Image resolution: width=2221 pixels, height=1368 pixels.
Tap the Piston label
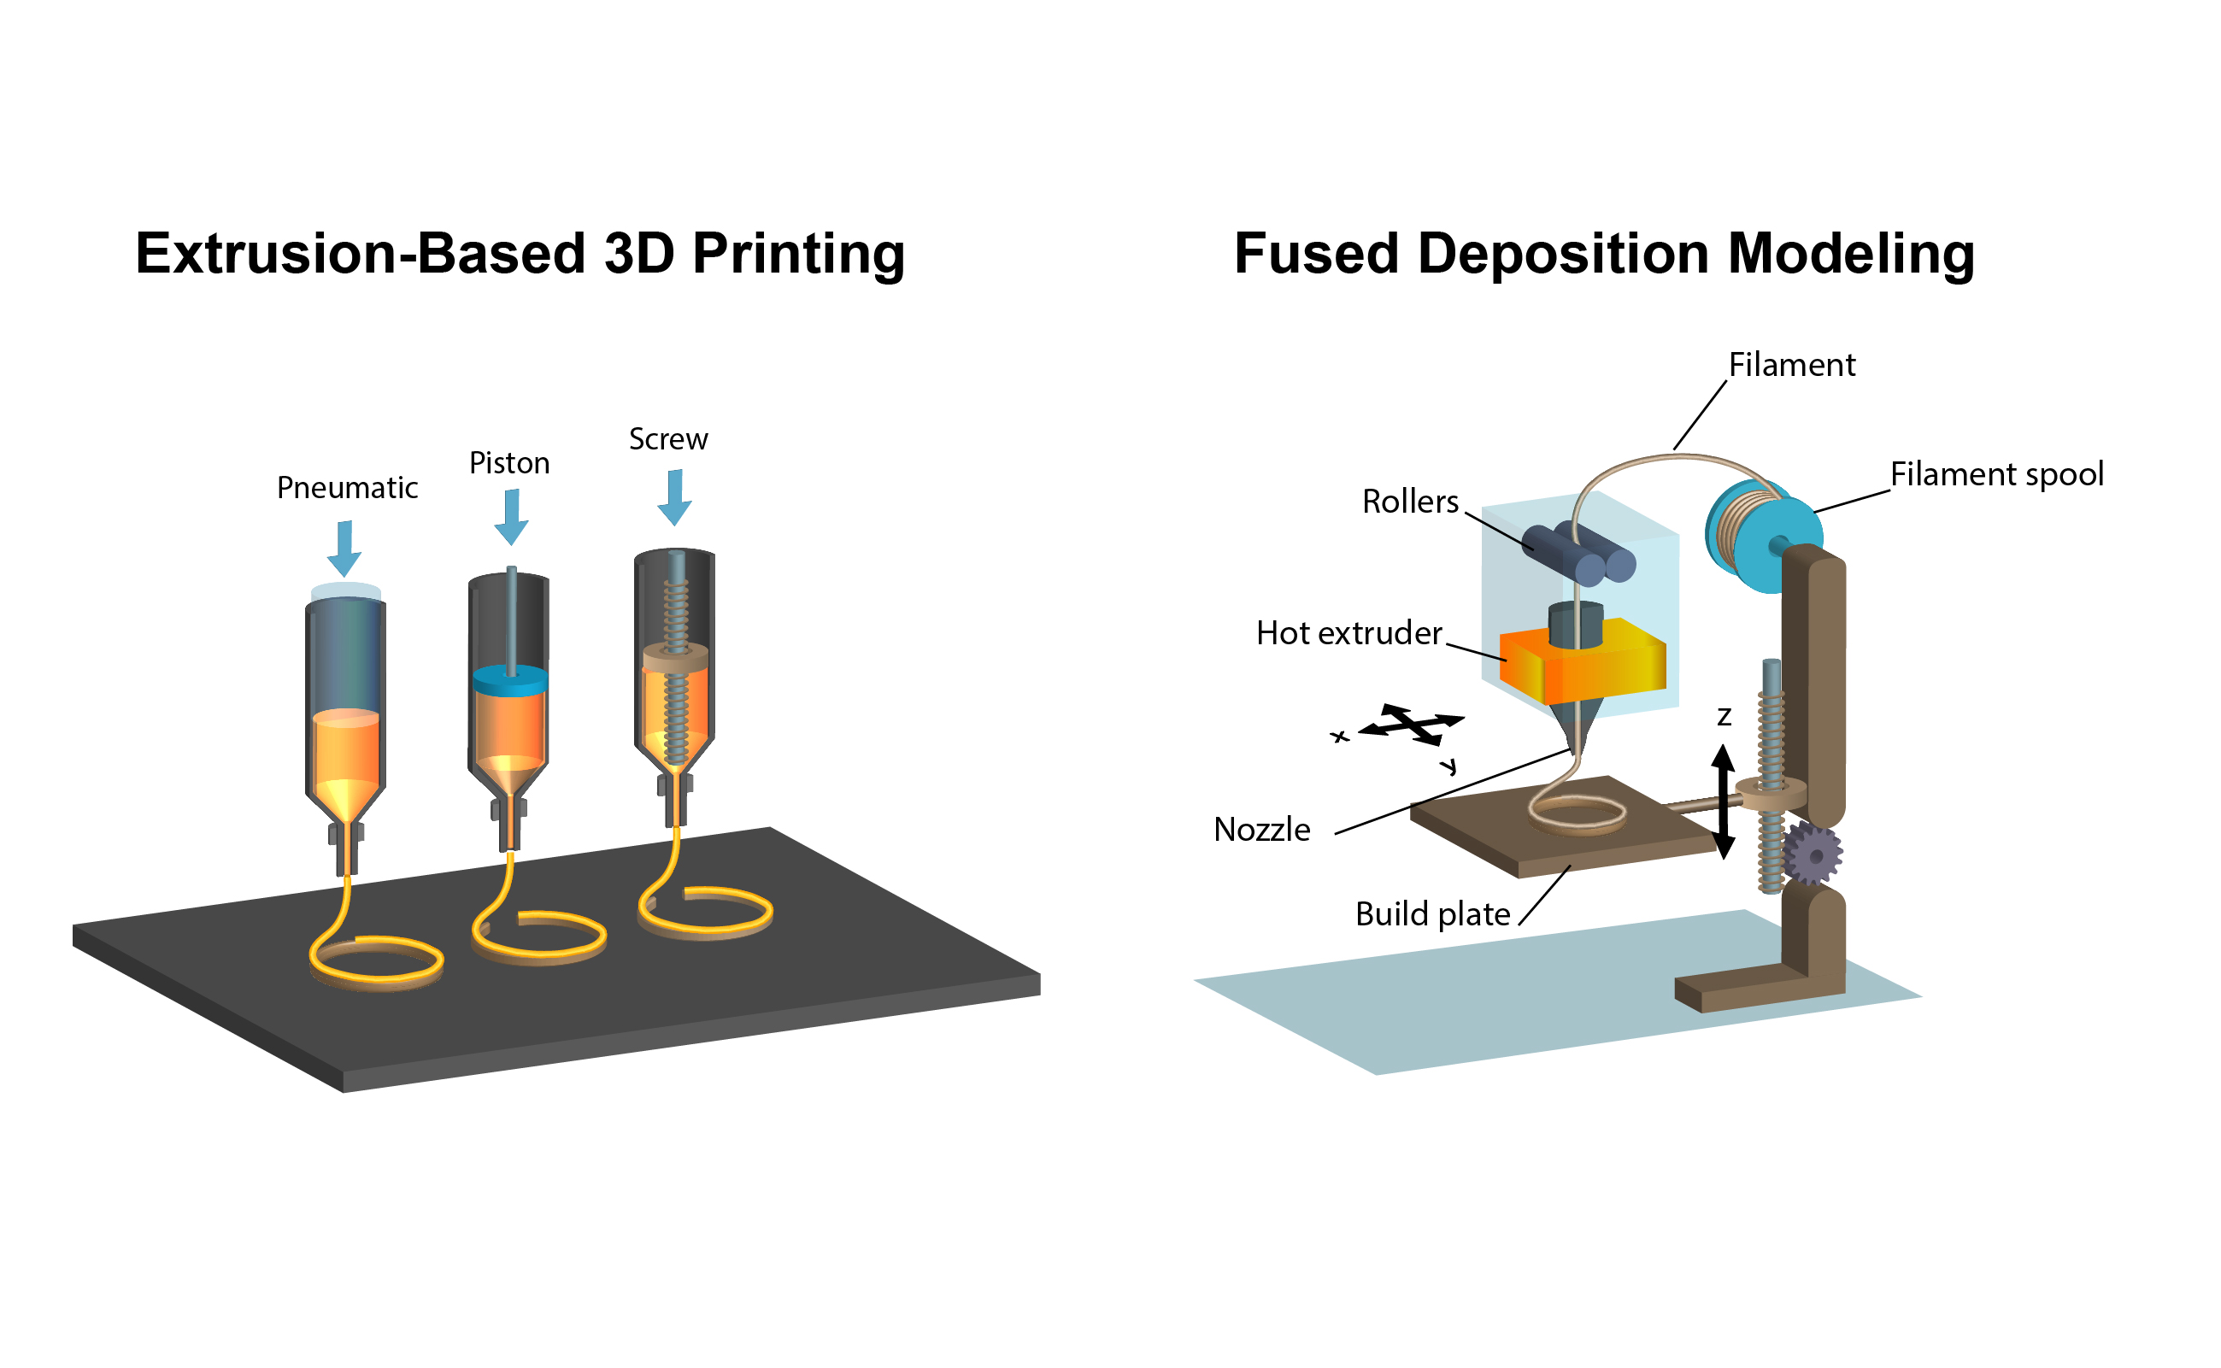508,463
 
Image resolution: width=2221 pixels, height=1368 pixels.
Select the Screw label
667,440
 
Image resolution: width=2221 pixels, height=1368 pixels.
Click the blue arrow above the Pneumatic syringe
344,549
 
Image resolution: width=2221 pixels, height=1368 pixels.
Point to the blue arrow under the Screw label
674,496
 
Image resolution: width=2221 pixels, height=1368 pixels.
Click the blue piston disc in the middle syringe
510,680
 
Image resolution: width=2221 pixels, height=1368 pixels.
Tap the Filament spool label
1995,474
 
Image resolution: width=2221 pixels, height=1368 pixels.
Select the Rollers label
1409,502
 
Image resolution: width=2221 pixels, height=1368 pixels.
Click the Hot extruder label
1348,633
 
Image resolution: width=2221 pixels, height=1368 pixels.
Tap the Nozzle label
1261,830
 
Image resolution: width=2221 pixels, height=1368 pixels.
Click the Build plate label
1432,915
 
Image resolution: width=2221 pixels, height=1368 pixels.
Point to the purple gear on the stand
1813,854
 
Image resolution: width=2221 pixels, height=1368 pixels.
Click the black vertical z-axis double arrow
1724,801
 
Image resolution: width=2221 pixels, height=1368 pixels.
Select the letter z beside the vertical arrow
1725,717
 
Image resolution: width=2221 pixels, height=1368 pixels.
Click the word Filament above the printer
1791,365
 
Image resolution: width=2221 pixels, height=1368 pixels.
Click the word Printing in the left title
798,255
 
